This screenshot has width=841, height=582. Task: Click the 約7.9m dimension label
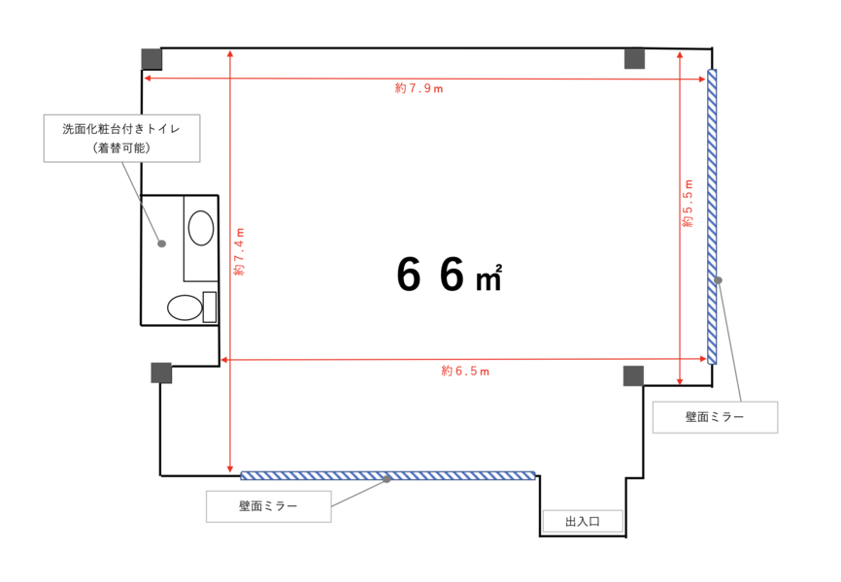pyautogui.click(x=419, y=88)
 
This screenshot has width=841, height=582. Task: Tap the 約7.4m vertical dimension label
pyautogui.click(x=239, y=252)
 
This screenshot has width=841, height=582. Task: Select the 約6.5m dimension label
pyautogui.click(x=465, y=371)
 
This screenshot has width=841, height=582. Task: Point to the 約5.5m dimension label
pyautogui.click(x=688, y=204)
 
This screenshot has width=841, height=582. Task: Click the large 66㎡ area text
pyautogui.click(x=450, y=274)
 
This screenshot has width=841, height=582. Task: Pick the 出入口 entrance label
pyautogui.click(x=583, y=522)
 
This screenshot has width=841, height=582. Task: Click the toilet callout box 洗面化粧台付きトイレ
pyautogui.click(x=121, y=139)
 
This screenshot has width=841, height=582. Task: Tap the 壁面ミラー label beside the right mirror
pyautogui.click(x=715, y=417)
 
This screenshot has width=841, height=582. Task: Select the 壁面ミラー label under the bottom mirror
pyautogui.click(x=268, y=506)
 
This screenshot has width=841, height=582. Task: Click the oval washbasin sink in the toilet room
pyautogui.click(x=201, y=228)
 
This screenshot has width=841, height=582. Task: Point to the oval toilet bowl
pyautogui.click(x=185, y=307)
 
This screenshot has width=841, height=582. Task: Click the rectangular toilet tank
pyautogui.click(x=210, y=307)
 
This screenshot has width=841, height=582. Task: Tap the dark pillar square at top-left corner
pyautogui.click(x=151, y=59)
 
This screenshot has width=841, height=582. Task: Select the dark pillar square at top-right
pyautogui.click(x=634, y=58)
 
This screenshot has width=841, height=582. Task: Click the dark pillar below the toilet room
pyautogui.click(x=161, y=373)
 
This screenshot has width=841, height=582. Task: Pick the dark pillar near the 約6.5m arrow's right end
pyautogui.click(x=633, y=376)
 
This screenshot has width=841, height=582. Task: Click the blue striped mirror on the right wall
pyautogui.click(x=712, y=217)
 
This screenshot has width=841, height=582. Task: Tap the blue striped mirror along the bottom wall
pyautogui.click(x=387, y=475)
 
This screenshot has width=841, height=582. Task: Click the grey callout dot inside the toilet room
pyautogui.click(x=161, y=243)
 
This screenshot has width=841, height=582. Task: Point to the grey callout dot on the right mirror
pyautogui.click(x=719, y=280)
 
